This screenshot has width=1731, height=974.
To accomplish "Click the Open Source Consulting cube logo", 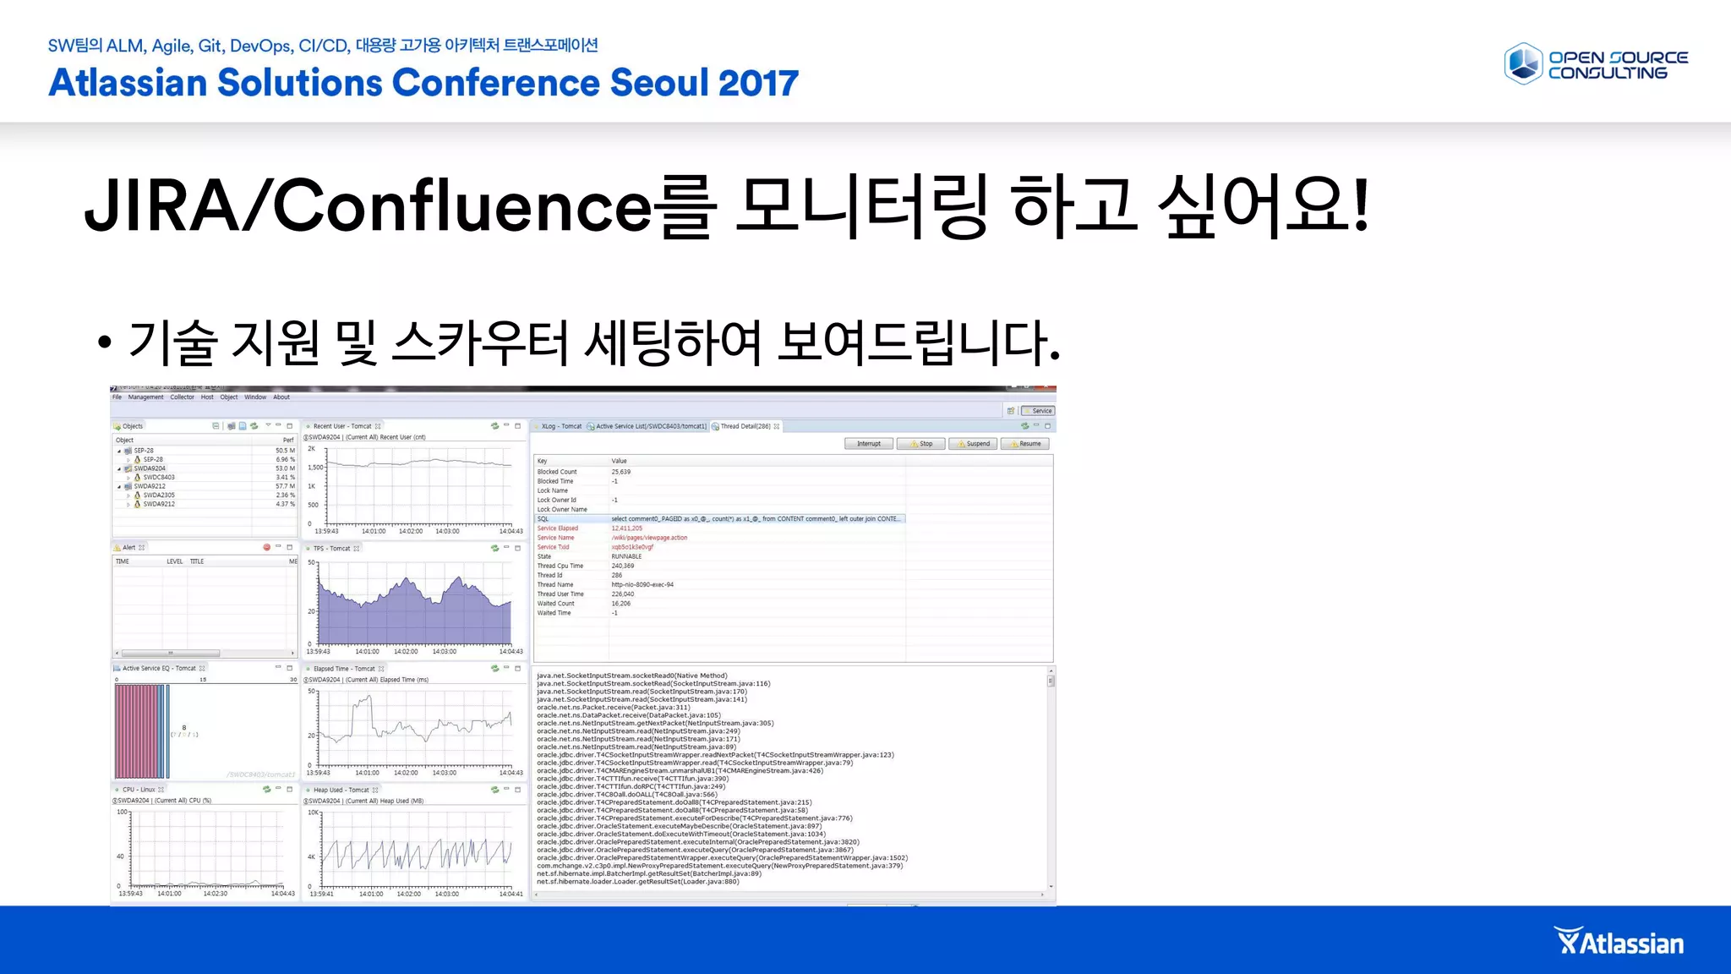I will point(1523,64).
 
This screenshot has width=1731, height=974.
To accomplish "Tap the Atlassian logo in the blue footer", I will point(1619,942).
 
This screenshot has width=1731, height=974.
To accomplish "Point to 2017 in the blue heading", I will point(758,83).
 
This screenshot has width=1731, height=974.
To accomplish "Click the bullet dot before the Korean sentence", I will point(104,342).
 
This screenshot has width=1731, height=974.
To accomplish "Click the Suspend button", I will point(974,444).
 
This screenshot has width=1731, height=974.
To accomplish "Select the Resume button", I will point(1026,444).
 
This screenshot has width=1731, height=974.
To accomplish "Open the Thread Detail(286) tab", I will point(745,426).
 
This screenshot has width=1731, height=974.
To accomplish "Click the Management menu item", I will point(145,397).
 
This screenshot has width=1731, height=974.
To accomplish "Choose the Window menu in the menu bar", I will point(255,397).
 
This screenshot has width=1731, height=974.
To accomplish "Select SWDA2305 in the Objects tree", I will point(159,495).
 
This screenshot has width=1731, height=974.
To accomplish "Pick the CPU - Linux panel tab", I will point(139,790).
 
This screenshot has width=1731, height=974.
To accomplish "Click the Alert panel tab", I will point(128,548).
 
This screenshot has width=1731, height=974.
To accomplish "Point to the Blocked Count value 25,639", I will point(621,472).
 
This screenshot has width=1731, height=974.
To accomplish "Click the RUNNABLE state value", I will point(626,556).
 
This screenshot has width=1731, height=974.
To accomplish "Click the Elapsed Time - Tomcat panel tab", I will point(344,669).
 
